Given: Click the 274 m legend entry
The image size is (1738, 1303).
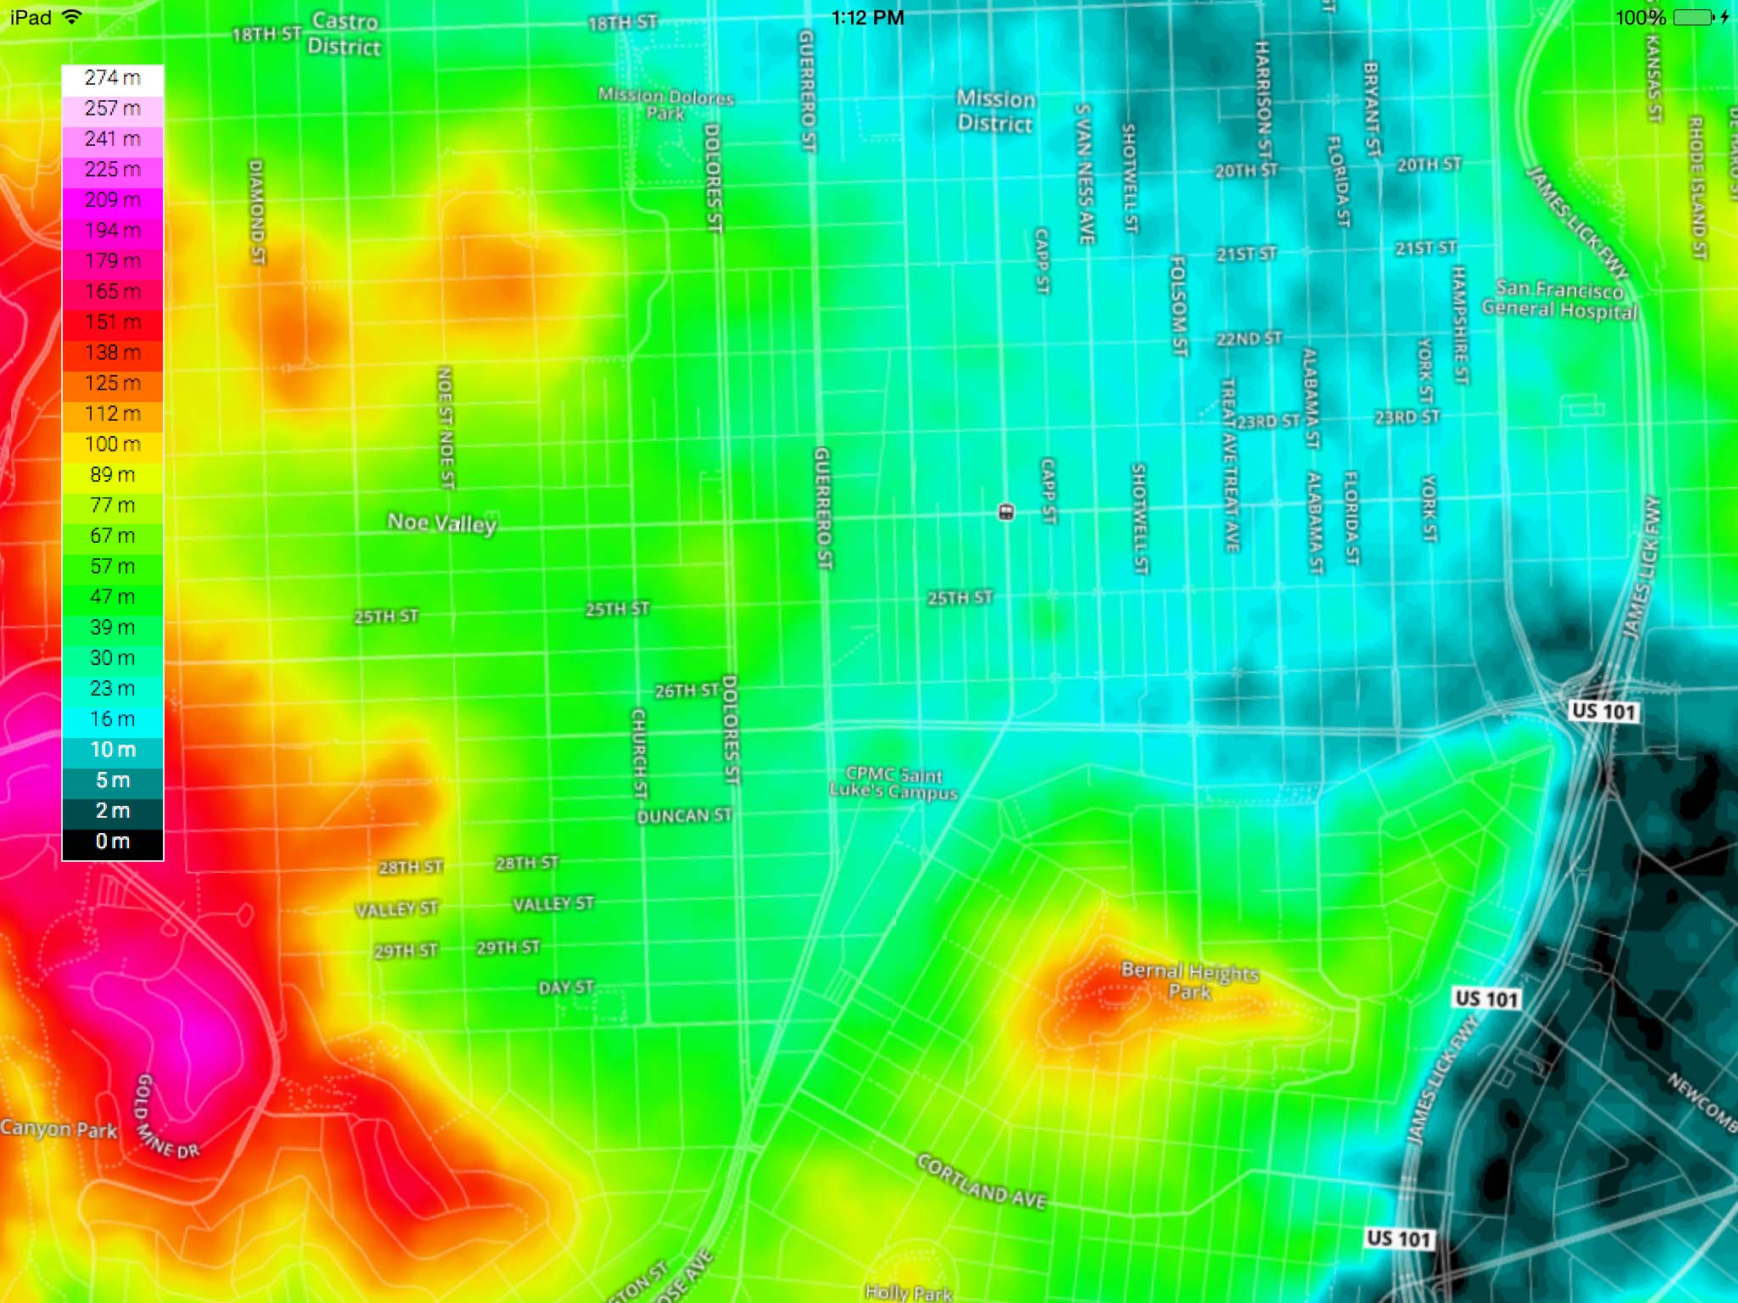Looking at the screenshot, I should click(x=113, y=79).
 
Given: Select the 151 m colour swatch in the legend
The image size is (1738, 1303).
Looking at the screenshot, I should click(x=113, y=322).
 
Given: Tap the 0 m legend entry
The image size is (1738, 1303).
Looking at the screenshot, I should click(x=113, y=842).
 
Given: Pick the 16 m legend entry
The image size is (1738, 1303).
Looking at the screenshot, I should click(x=113, y=719).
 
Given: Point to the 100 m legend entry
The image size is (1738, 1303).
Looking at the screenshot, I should click(x=113, y=445).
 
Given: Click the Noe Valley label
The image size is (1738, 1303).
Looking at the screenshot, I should click(x=441, y=523).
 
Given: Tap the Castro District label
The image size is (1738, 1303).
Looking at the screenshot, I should click(x=344, y=34).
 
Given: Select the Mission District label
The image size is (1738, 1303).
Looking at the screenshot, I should click(x=995, y=111).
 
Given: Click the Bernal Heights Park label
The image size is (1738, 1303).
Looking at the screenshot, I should click(x=1190, y=981).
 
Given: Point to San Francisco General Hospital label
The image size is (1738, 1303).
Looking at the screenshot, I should click(x=1560, y=300).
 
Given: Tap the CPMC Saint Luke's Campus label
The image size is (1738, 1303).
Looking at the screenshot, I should click(x=894, y=782).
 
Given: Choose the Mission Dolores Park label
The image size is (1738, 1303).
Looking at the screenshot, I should click(x=665, y=103).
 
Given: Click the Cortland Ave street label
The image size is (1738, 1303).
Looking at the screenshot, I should click(x=981, y=1181).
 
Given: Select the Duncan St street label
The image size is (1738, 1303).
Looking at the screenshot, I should click(x=684, y=816).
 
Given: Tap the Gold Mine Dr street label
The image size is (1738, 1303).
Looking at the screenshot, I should click(x=167, y=1117).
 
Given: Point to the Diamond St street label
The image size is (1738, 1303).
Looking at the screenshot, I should click(x=256, y=211).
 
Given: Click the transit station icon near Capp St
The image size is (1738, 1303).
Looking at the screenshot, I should click(x=1006, y=512).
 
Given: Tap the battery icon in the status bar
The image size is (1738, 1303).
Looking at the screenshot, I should click(x=1694, y=17).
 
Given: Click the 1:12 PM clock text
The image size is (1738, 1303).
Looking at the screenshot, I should click(x=867, y=18).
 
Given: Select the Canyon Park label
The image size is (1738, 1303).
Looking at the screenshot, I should click(x=59, y=1129).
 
